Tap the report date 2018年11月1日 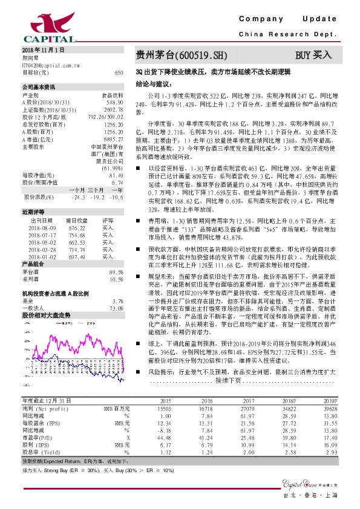tap(43, 49)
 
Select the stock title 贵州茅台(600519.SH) tap(182, 56)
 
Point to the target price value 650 tap(119, 72)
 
